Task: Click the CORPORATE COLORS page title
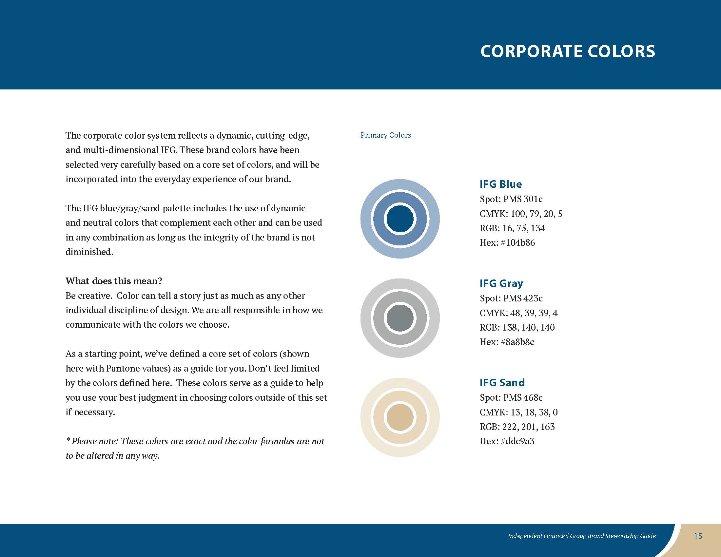(568, 51)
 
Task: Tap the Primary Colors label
(386, 135)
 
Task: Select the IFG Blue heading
(500, 184)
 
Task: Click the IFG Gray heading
(501, 283)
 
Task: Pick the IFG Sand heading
(502, 383)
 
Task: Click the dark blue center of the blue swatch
(400, 219)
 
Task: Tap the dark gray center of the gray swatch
(400, 318)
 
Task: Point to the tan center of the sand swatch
(400, 417)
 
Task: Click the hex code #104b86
(518, 242)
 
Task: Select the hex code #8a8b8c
(517, 342)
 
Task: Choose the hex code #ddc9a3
(517, 441)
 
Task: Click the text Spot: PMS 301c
(511, 199)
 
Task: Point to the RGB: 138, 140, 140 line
(517, 327)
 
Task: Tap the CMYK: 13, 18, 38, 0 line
(519, 412)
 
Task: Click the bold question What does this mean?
(114, 281)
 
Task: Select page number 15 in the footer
(698, 536)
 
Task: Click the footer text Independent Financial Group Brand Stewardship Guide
(582, 536)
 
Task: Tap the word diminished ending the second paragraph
(89, 252)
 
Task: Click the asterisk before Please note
(68, 439)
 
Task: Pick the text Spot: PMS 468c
(511, 398)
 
